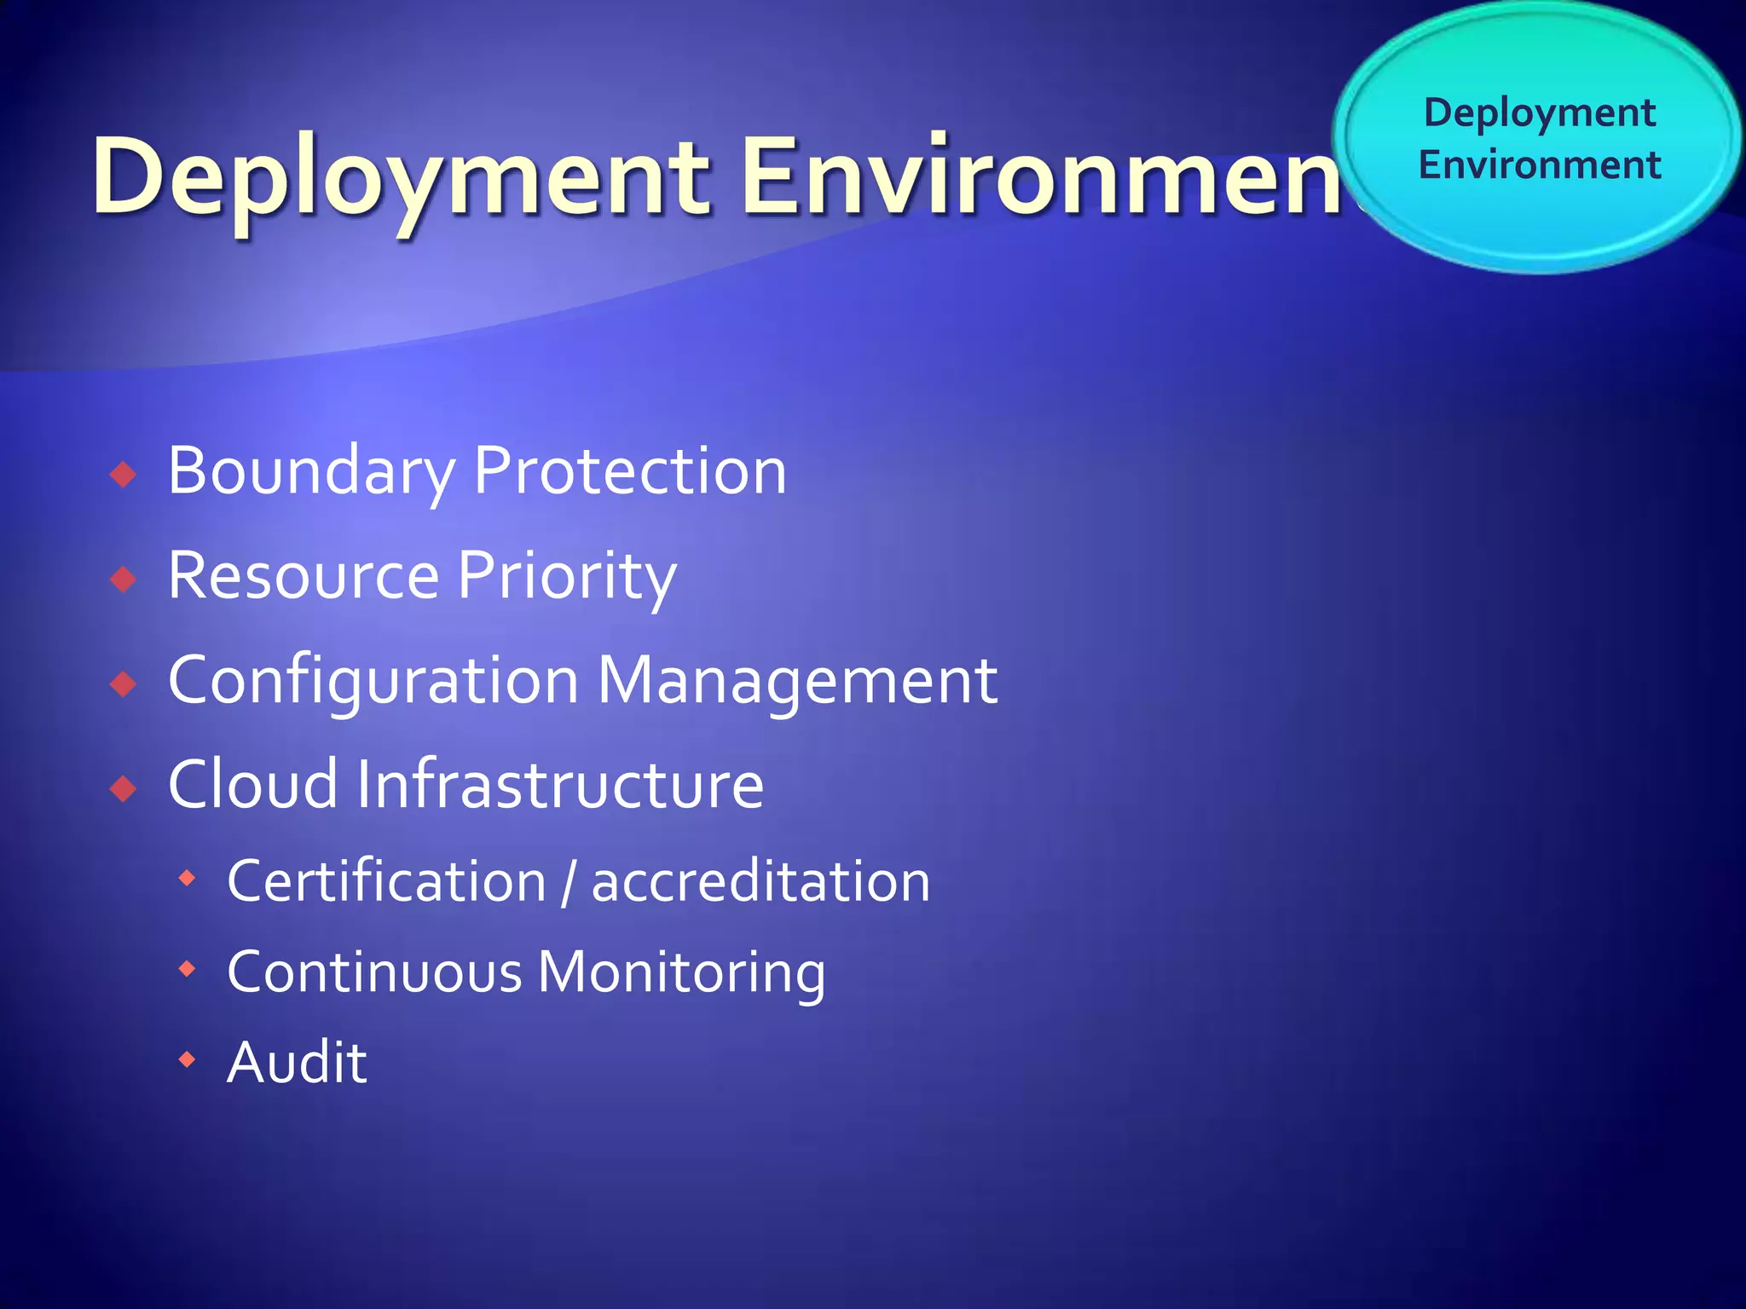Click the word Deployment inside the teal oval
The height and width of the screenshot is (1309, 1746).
(x=1540, y=113)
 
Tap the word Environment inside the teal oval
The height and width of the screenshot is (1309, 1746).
(x=1540, y=164)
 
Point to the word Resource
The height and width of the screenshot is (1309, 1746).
(x=303, y=576)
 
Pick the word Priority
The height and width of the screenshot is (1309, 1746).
(x=567, y=576)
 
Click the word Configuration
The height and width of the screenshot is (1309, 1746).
(x=373, y=681)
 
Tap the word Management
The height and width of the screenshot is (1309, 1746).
(x=797, y=681)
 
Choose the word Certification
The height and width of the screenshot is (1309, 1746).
(x=386, y=881)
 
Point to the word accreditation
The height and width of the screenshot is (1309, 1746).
(x=760, y=881)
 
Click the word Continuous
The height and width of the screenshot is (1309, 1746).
(x=374, y=972)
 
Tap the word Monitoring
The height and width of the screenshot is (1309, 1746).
(x=682, y=972)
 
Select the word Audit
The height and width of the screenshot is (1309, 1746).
(x=297, y=1063)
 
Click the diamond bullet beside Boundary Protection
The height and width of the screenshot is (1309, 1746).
(x=124, y=475)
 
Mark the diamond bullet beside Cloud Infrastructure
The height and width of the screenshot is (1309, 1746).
(x=124, y=789)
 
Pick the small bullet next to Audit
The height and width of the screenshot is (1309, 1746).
(x=187, y=1060)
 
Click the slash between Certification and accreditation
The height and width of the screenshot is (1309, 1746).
(x=569, y=883)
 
